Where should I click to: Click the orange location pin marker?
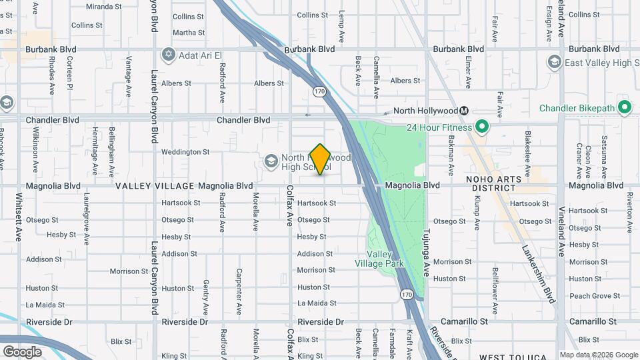[321, 159]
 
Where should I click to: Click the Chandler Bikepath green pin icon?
[625, 107]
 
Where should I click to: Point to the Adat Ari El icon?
[168, 54]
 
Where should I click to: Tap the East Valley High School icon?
[554, 63]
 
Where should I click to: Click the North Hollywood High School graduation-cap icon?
[271, 161]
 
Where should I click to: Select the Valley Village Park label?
[385, 259]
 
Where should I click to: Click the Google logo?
[22, 351]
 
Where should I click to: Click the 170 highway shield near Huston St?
[406, 294]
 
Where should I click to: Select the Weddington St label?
[185, 152]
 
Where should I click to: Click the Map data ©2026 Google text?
[598, 355]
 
